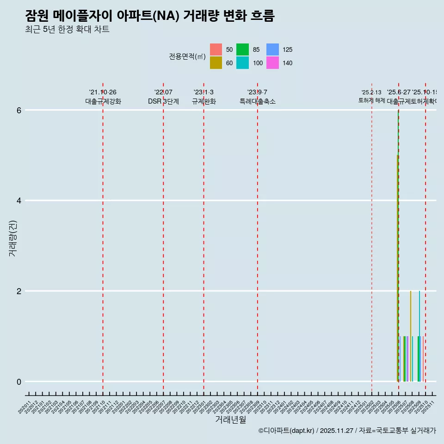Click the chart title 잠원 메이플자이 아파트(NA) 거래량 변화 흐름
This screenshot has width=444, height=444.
[150, 16]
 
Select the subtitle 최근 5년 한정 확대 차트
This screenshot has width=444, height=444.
[68, 30]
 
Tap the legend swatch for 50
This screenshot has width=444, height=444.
[216, 49]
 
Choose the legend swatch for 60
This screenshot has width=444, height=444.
[216, 63]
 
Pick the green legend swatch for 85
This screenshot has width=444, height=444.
[242, 49]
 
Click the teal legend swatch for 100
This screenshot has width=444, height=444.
[242, 63]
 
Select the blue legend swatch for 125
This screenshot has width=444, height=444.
[273, 49]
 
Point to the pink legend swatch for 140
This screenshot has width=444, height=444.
[273, 63]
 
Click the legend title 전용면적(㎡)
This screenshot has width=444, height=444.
[187, 56]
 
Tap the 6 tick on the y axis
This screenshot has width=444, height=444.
[19, 110]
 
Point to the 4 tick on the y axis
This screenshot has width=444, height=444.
[19, 201]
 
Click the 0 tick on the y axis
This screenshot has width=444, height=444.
[19, 382]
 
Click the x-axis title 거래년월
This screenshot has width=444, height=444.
[230, 419]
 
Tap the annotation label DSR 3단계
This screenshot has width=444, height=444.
[163, 101]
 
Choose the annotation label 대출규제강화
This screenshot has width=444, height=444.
[103, 101]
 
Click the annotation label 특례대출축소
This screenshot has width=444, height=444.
[257, 101]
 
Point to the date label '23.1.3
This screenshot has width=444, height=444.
[203, 92]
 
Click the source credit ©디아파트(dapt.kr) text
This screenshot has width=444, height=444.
[286, 431]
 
